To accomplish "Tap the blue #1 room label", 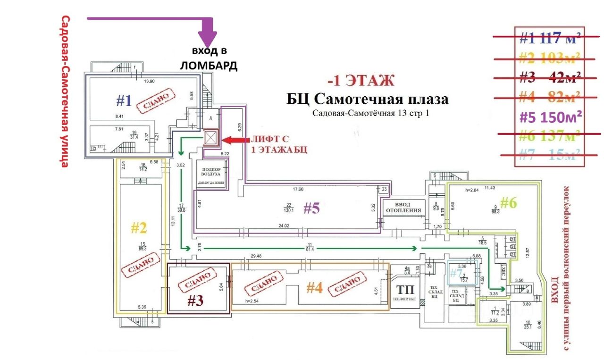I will click(124, 100).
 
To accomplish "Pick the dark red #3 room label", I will click(195, 301).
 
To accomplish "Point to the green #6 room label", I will click(509, 203).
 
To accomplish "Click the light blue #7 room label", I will click(455, 273).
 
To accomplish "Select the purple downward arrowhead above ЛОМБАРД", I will click(207, 38).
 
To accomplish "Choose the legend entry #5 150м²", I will click(550, 116).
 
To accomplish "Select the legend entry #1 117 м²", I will click(550, 38).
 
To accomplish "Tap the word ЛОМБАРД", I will click(209, 66).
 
